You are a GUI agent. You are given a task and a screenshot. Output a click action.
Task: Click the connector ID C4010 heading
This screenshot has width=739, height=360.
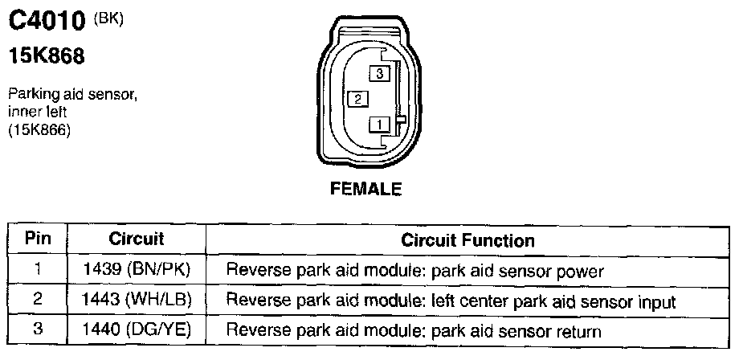tap(46, 24)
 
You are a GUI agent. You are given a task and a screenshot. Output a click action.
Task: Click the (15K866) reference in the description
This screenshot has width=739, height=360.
tap(39, 130)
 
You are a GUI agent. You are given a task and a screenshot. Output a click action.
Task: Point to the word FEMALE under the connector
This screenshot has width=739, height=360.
tap(365, 190)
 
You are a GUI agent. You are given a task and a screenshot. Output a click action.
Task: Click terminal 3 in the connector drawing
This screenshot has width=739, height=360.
tap(378, 73)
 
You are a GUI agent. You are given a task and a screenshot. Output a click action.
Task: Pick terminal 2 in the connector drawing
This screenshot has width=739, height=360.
tap(357, 99)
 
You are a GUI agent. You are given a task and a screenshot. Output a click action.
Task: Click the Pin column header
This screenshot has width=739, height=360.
tap(38, 239)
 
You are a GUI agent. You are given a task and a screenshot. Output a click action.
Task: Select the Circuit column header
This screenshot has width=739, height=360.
tap(136, 239)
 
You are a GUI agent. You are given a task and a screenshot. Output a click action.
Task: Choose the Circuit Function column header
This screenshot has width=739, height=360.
tap(467, 240)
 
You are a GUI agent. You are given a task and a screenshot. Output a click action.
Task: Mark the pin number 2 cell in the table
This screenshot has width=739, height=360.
tap(38, 301)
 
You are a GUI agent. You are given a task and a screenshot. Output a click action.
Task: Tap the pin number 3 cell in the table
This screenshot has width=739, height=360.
tap(38, 330)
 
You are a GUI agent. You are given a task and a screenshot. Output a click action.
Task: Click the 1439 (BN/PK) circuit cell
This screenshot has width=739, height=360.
tap(136, 271)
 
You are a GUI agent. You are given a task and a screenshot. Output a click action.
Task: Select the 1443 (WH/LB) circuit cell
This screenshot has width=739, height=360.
tap(136, 301)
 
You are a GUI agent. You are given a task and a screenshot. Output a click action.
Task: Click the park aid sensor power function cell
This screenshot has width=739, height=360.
tap(414, 271)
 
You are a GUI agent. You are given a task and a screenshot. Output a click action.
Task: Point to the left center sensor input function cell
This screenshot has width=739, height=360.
tap(451, 301)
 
